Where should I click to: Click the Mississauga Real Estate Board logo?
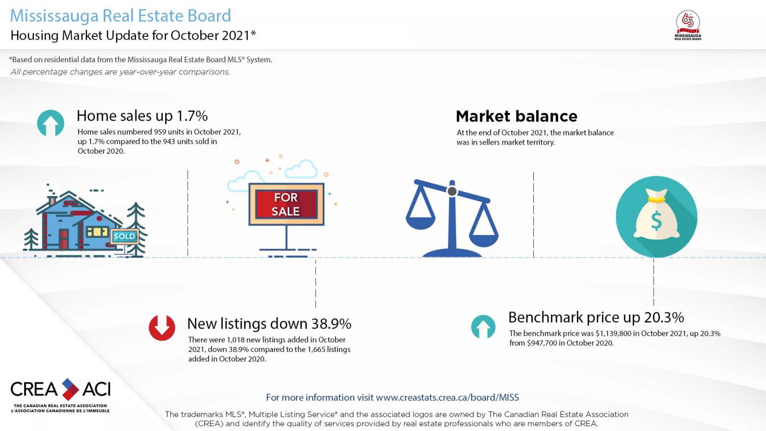pyautogui.click(x=687, y=25)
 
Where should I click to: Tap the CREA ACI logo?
pyautogui.click(x=60, y=395)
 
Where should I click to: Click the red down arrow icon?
pyautogui.click(x=162, y=328)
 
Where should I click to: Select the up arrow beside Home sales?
pyautogui.click(x=51, y=123)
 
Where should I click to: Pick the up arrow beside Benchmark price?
pyautogui.click(x=483, y=327)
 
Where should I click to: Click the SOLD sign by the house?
pyautogui.click(x=124, y=236)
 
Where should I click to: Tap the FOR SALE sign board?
pyautogui.click(x=286, y=204)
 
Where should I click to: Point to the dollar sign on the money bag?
pyautogui.click(x=656, y=221)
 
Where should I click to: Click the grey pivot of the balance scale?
pyautogui.click(x=452, y=191)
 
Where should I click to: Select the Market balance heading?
pyautogui.click(x=517, y=116)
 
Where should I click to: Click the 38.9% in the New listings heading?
pyautogui.click(x=331, y=324)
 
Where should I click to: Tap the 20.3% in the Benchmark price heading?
pyautogui.click(x=664, y=318)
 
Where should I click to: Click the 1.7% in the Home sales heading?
pyautogui.click(x=192, y=116)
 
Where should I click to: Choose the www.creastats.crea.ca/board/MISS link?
pyautogui.click(x=447, y=397)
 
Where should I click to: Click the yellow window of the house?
pyautogui.click(x=98, y=232)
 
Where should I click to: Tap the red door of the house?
pyautogui.click(x=64, y=239)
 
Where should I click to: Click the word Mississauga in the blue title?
pyautogui.click(x=55, y=16)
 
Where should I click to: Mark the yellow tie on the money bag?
pyautogui.click(x=656, y=200)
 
